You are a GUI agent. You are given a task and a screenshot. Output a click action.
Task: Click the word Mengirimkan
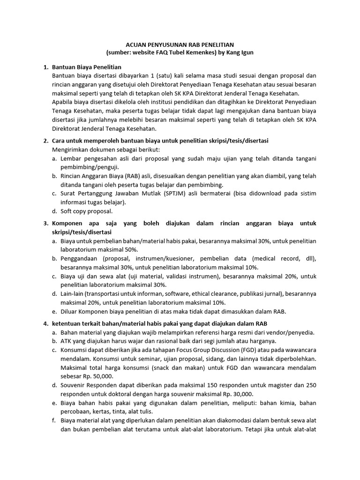click(x=71, y=150)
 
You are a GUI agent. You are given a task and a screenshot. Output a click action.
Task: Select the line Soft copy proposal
click(x=86, y=211)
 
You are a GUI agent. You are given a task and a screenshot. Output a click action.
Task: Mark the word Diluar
click(x=69, y=311)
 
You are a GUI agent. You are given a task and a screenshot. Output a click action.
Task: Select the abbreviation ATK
click(x=66, y=341)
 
